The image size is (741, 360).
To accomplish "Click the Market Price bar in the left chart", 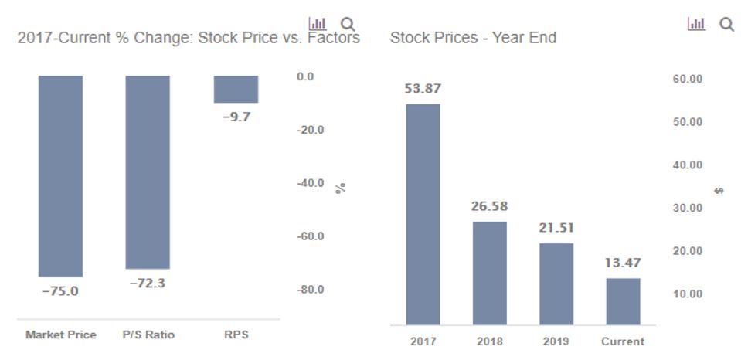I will pos(60,175).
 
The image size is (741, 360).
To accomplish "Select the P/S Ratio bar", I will pos(148,172).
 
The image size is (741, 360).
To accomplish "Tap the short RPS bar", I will pos(236,89).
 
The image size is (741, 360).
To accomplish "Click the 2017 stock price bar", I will pos(423,214).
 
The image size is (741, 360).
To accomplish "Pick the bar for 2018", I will pos(490,273).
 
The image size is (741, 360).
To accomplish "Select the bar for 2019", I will pos(556,284).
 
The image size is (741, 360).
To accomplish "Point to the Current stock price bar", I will pos(623,301).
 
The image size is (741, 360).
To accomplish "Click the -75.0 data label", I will pos(60,291).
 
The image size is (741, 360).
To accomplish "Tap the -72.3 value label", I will pos(148,284).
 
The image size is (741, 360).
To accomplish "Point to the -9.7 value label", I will pos(236,117).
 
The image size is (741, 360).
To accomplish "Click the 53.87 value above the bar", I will pos(423,89).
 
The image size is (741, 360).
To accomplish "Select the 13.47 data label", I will pos(623,263).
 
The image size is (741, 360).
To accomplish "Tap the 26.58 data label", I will pos(490,207).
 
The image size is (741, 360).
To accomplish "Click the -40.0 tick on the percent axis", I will pos(311,183).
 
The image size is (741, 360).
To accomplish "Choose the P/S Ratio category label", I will pos(148,335).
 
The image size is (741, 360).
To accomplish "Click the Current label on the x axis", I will pos(623,341).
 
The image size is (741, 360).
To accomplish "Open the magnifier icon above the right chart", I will pos(726,25).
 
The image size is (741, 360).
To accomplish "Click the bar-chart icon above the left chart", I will pos(317,24).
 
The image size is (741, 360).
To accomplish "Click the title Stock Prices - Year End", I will pos(473,38).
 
